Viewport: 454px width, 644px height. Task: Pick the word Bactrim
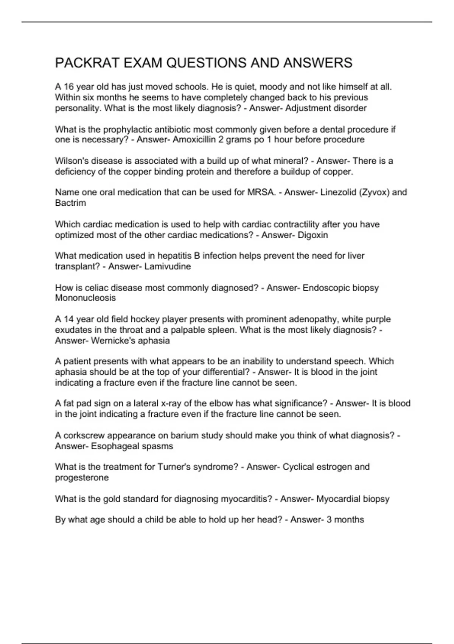[70, 203]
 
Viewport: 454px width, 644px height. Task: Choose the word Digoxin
[313, 235]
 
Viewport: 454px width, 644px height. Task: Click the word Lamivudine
[168, 267]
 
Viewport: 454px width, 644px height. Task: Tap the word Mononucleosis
[86, 298]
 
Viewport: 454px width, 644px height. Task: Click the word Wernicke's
[113, 341]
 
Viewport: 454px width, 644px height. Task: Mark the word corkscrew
[83, 436]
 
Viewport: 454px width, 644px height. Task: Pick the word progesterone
[82, 478]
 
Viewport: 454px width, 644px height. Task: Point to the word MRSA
[261, 192]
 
